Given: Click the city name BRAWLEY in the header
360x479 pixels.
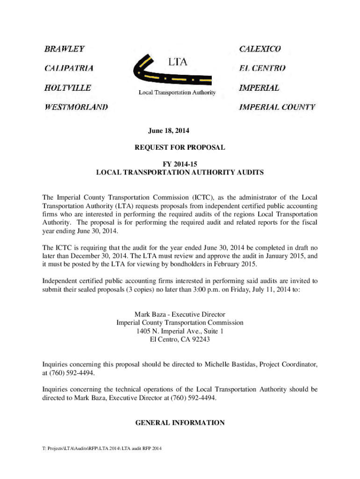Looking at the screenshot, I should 65,49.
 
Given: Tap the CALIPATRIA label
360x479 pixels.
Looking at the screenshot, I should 68,68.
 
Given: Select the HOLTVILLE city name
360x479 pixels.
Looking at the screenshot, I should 67,87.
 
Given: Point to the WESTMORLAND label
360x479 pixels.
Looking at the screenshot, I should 76,107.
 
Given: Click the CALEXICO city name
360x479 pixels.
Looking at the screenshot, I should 260,49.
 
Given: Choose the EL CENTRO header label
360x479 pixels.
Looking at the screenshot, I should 262,68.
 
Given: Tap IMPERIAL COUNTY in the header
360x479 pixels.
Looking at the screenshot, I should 277,107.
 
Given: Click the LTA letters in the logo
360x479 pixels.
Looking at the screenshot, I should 177,61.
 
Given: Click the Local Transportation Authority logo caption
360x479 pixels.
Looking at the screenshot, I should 177,93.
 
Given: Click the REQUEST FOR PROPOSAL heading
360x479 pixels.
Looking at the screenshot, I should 180,147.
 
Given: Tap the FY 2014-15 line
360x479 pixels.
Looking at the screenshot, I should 180,164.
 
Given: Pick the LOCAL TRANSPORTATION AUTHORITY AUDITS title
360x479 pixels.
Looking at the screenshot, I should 180,173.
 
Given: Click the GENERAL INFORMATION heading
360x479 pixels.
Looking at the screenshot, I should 180,423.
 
